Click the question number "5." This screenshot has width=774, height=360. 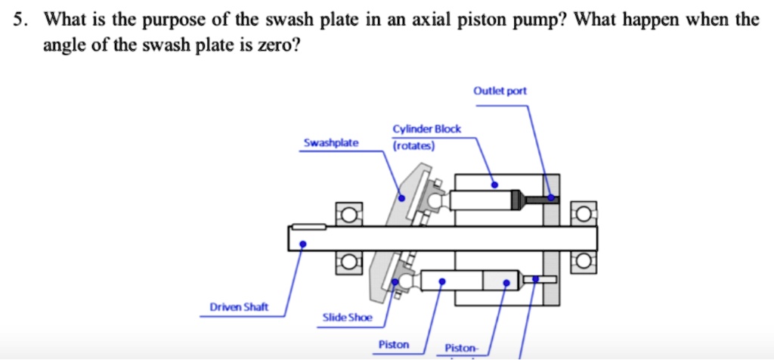(20, 20)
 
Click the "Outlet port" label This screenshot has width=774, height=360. (500, 92)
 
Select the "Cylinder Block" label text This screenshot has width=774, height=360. (426, 129)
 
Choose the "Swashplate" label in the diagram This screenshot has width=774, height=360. (331, 142)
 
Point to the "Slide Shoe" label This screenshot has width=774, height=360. (347, 318)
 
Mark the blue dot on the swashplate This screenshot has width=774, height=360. (402, 198)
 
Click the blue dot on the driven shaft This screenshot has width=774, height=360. (302, 244)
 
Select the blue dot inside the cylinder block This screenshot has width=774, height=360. (494, 184)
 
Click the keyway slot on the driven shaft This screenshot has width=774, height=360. (308, 226)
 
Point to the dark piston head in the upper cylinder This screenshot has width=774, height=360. (517, 200)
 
